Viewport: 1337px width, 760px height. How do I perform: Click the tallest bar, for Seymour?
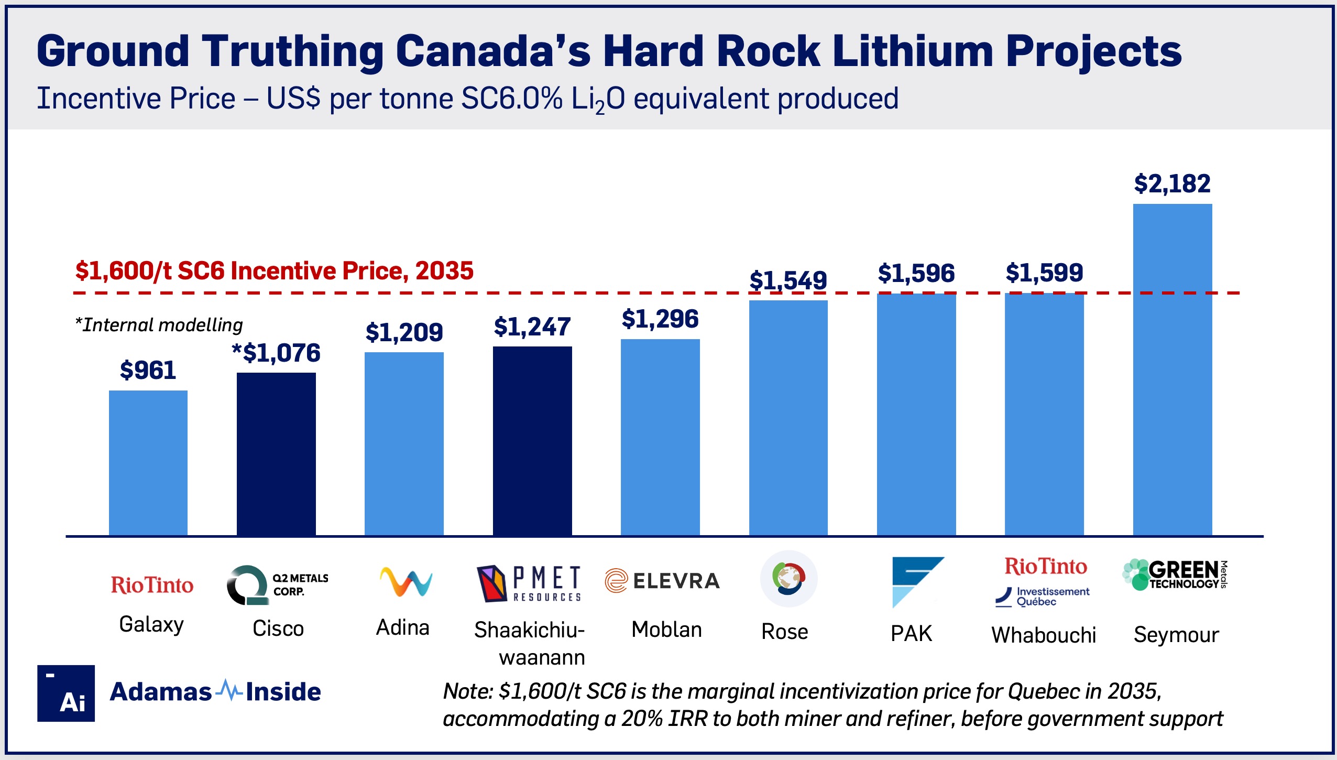pyautogui.click(x=1172, y=370)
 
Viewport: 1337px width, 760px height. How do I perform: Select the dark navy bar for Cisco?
pyautogui.click(x=276, y=454)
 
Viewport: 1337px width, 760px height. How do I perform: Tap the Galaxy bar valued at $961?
pyautogui.click(x=148, y=462)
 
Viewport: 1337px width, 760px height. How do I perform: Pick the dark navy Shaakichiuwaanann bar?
pyautogui.click(x=532, y=441)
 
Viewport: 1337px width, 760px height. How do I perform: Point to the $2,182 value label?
pyautogui.click(x=1172, y=184)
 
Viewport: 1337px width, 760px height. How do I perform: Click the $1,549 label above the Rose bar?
pyautogui.click(x=787, y=280)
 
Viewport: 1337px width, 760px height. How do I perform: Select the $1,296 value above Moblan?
pyautogui.click(x=660, y=319)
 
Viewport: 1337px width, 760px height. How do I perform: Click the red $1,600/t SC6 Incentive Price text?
pyautogui.click(x=274, y=271)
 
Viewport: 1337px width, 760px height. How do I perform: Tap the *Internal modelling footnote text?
pyautogui.click(x=159, y=325)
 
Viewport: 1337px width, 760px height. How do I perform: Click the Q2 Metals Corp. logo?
pyautogui.click(x=277, y=584)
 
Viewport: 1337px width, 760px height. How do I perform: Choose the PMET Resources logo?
pyautogui.click(x=529, y=583)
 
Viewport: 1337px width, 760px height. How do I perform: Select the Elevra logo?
pyautogui.click(x=662, y=581)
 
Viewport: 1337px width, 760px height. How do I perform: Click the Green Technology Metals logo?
pyautogui.click(x=1174, y=574)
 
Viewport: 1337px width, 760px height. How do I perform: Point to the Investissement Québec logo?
pyautogui.click(x=1042, y=596)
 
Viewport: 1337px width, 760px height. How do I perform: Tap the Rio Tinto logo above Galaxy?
pyautogui.click(x=152, y=585)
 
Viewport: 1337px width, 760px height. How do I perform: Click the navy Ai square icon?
pyautogui.click(x=66, y=693)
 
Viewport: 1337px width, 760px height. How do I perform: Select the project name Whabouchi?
pyautogui.click(x=1043, y=635)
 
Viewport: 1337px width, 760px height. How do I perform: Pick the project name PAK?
pyautogui.click(x=911, y=633)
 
